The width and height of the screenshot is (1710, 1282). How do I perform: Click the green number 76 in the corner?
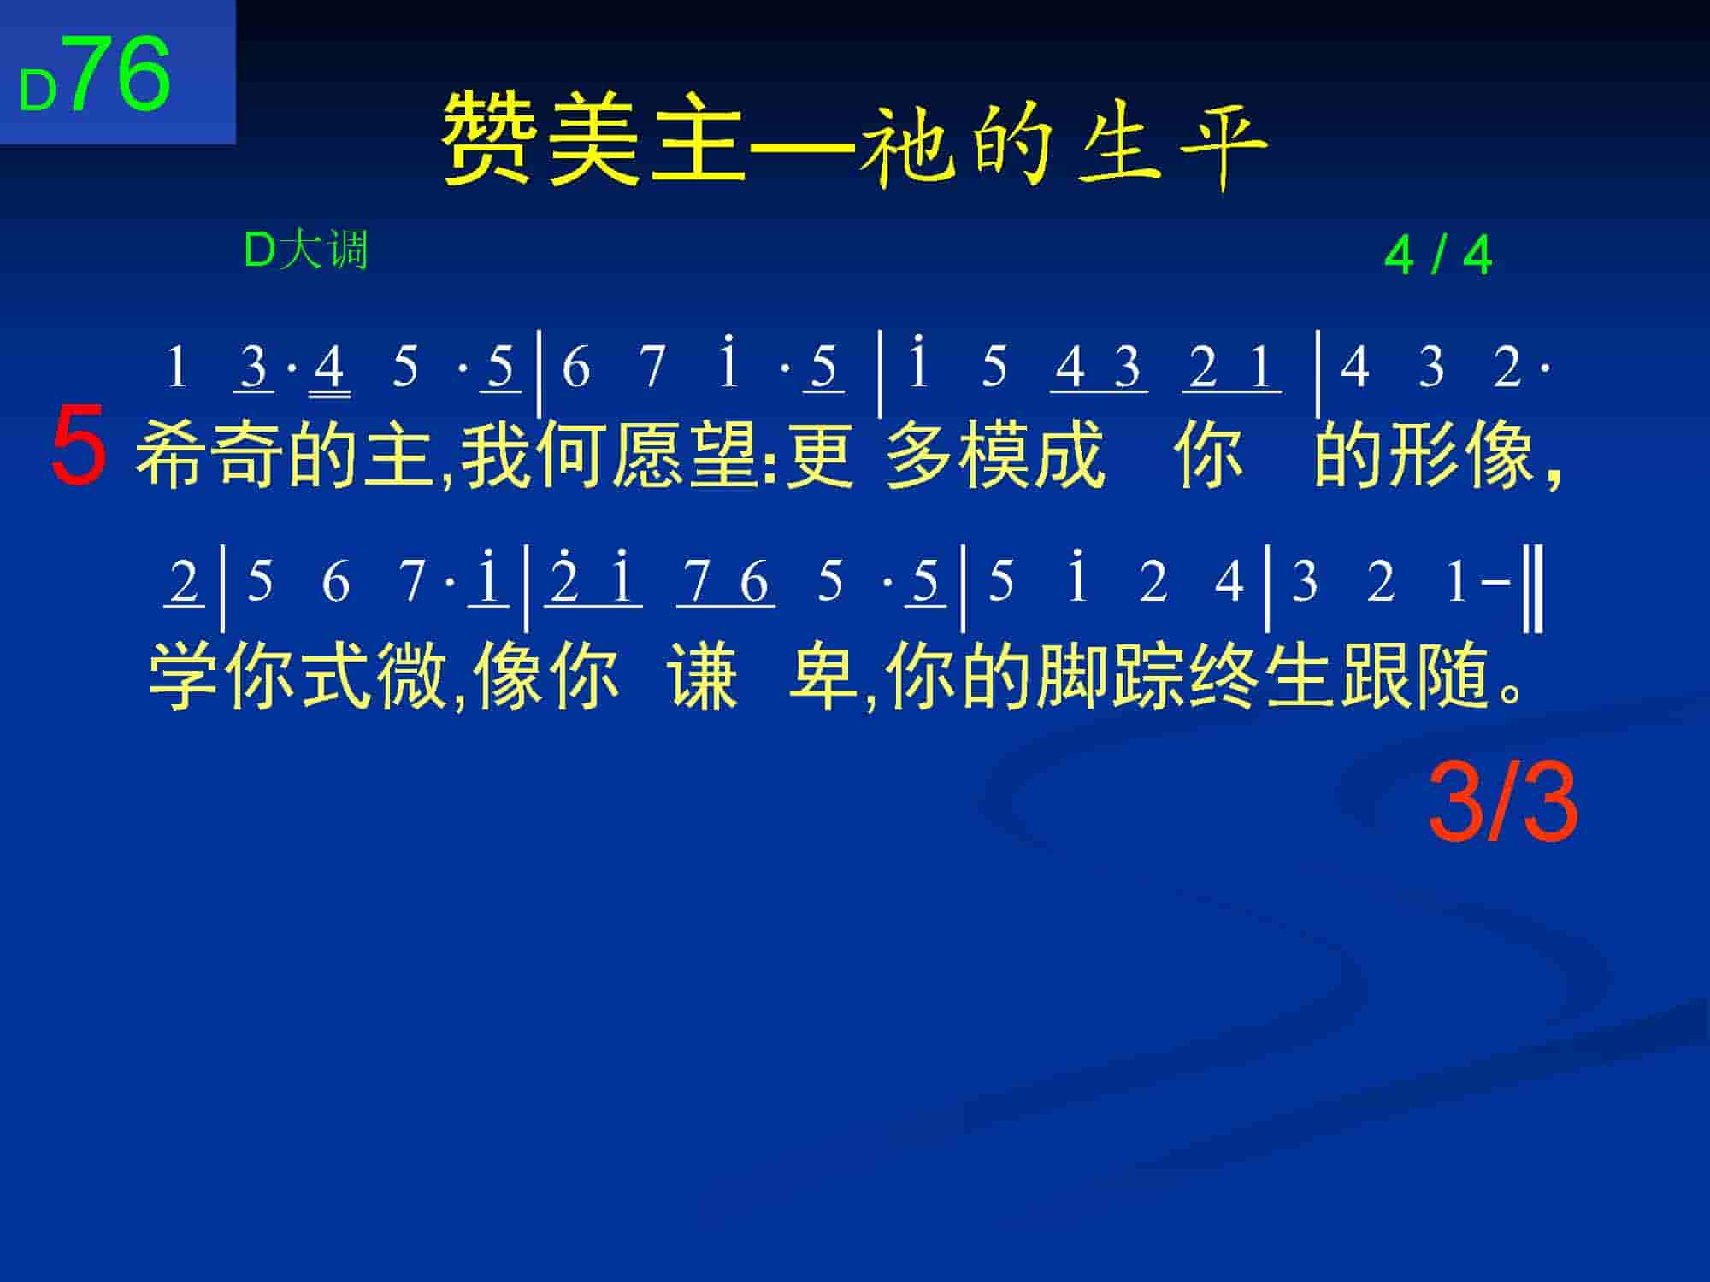[x=121, y=74]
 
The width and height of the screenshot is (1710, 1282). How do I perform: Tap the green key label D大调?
[x=305, y=250]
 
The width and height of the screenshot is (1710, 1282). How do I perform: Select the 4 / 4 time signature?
[x=1437, y=256]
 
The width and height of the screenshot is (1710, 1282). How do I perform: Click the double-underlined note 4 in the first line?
[x=330, y=369]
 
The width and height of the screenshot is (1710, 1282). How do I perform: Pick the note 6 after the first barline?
[x=576, y=368]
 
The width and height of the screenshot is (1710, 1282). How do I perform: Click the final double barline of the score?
[x=1534, y=589]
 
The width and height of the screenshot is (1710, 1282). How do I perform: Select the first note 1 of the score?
[x=176, y=368]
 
